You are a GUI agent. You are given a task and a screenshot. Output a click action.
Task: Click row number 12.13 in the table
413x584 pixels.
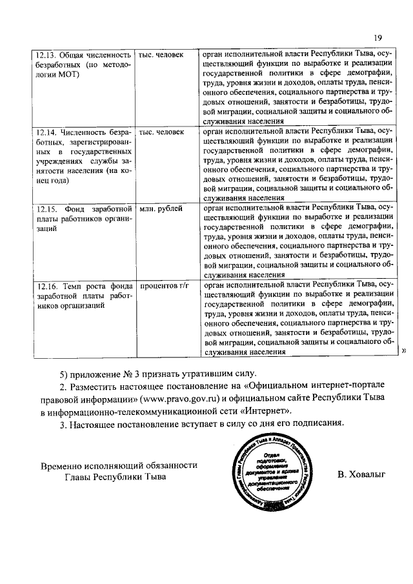click(x=46, y=55)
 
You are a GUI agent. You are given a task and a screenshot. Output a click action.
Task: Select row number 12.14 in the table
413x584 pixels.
click(x=46, y=132)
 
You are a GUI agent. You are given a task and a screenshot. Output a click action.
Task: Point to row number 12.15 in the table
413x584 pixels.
click(x=46, y=208)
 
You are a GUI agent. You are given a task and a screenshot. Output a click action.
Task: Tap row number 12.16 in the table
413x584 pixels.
click(x=46, y=285)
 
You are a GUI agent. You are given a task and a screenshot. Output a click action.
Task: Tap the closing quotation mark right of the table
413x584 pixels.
click(x=404, y=351)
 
